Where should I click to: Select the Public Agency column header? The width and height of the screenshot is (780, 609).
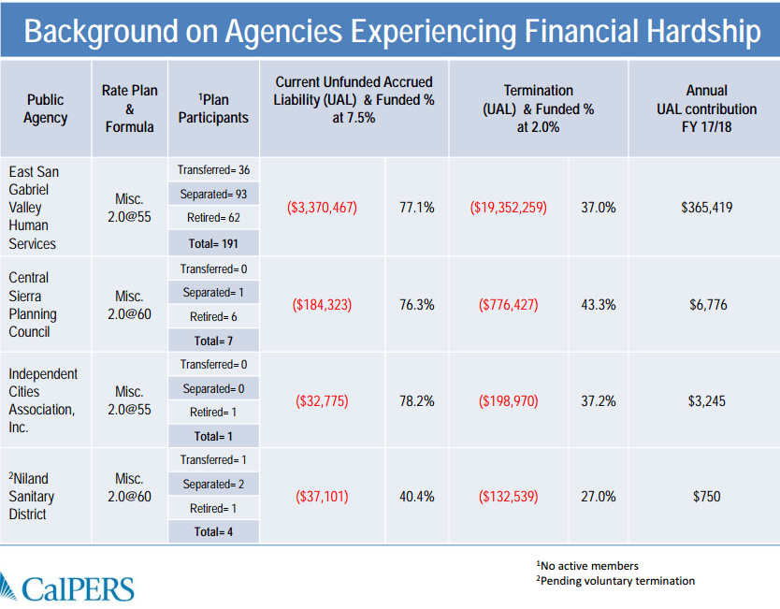click(x=45, y=109)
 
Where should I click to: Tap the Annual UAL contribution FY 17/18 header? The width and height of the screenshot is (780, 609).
click(x=706, y=109)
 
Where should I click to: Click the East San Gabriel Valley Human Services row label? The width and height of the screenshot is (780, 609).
click(x=33, y=208)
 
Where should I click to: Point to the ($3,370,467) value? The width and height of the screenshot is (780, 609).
click(x=322, y=208)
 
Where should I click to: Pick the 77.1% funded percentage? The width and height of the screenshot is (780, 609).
click(x=416, y=208)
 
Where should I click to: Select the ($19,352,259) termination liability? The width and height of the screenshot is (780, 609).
click(x=508, y=208)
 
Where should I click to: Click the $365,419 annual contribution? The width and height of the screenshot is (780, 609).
click(x=706, y=208)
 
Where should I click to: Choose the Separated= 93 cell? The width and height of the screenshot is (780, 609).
click(x=215, y=195)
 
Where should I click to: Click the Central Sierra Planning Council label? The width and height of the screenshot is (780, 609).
click(x=33, y=305)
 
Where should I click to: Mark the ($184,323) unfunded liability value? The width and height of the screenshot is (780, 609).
click(x=322, y=305)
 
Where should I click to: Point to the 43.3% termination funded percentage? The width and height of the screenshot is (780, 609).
click(x=599, y=305)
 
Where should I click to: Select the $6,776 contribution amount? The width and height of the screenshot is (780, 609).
click(x=706, y=305)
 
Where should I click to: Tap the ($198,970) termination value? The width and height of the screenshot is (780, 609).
click(x=508, y=401)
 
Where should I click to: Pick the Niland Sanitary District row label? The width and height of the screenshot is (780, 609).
click(x=33, y=497)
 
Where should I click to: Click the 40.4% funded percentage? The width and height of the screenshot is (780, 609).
click(x=416, y=497)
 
